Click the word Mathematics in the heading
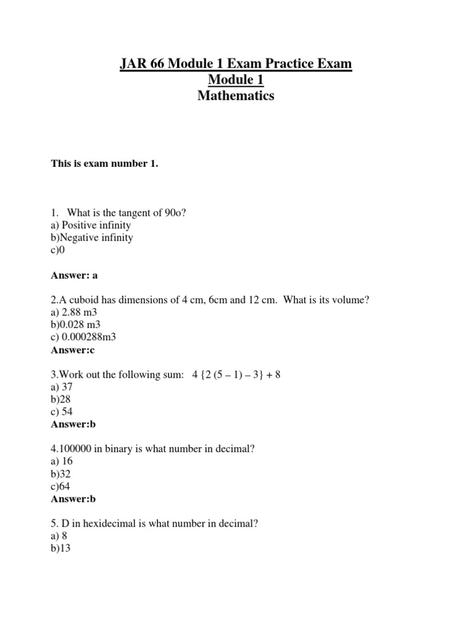point(235,96)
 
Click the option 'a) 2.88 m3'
point(74,313)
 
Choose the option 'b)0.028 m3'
point(76,325)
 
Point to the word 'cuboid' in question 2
point(81,300)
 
